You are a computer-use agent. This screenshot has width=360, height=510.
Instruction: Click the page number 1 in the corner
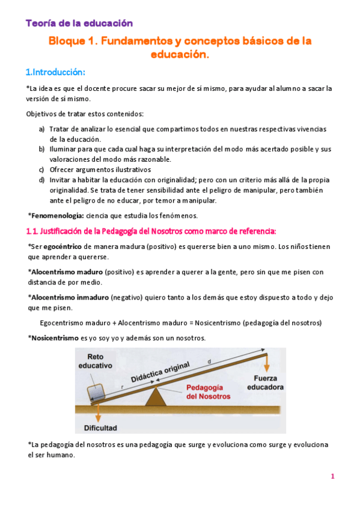tap(332, 477)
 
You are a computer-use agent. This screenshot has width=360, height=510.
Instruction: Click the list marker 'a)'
tap(42, 129)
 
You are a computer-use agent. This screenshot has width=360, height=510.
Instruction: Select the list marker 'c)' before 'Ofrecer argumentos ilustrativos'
tap(42, 170)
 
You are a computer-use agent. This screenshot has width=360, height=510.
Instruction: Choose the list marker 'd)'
tap(42, 180)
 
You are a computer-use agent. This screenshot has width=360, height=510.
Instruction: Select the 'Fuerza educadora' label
tap(264, 384)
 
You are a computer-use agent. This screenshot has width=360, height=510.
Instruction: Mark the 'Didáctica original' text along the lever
tap(160, 372)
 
